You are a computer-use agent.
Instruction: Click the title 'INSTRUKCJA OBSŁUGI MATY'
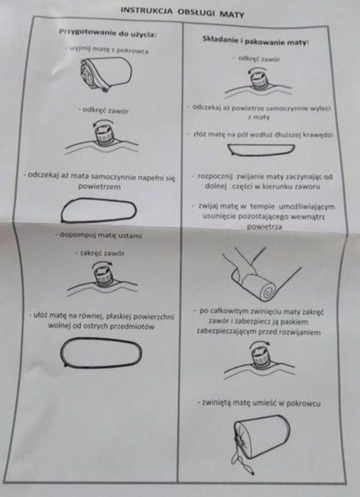[x=182, y=12]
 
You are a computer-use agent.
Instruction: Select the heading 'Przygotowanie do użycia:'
[x=108, y=33]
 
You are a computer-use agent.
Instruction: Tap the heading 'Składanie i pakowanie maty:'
[x=255, y=41]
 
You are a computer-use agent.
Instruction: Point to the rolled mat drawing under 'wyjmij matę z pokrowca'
[x=106, y=75]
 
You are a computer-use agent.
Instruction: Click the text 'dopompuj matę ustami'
[x=100, y=235]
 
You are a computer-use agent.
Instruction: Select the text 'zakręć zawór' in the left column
[x=100, y=253]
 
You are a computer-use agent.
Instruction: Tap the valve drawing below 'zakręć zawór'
[x=102, y=278]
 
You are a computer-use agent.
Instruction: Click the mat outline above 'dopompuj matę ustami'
[x=99, y=210]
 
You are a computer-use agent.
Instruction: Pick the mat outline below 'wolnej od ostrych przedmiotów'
[x=101, y=353]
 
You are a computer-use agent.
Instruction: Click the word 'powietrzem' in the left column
[x=100, y=187]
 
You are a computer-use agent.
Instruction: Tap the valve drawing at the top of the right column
[x=258, y=82]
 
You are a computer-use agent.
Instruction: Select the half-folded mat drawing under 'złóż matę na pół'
[x=261, y=150]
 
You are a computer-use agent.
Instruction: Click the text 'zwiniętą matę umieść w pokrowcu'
[x=259, y=403]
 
